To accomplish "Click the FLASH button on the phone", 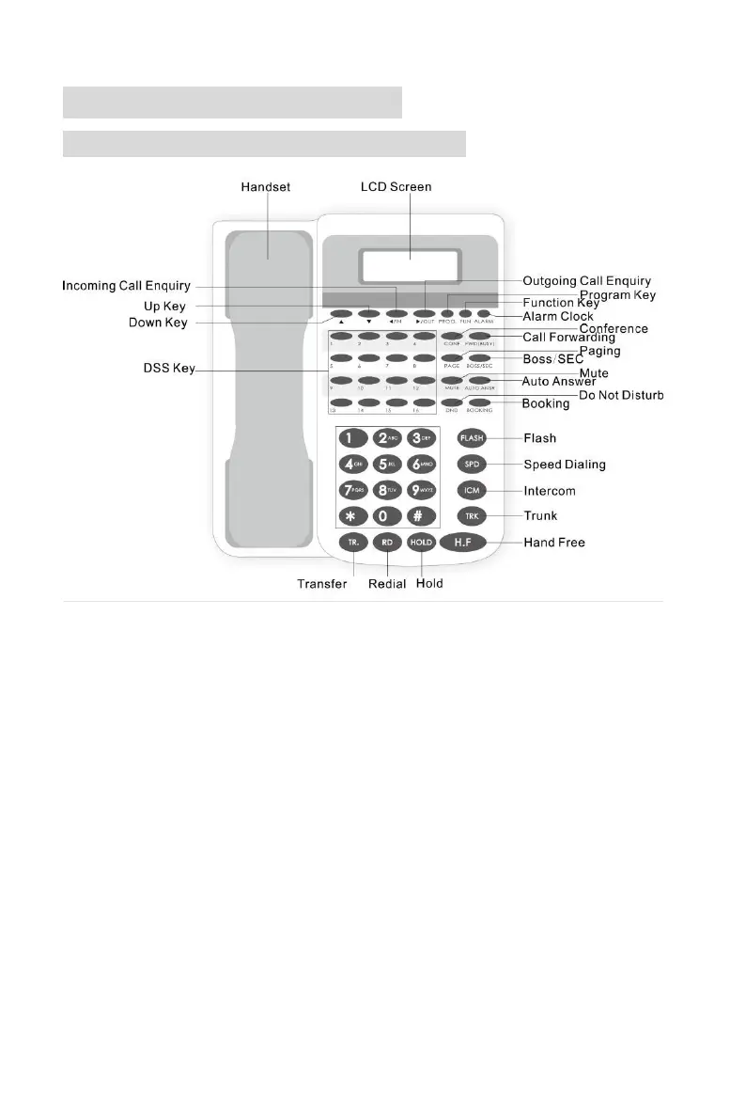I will (x=471, y=438).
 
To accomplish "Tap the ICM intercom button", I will (x=471, y=491).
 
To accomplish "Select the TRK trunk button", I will (x=471, y=516).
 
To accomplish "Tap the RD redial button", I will (x=385, y=543).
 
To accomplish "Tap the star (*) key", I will (x=351, y=516).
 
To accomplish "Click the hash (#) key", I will (x=420, y=516).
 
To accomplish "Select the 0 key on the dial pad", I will (x=385, y=516).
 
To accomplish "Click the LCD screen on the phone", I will (x=411, y=266).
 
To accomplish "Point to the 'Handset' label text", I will (x=265, y=186).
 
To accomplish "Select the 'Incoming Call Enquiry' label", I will (x=126, y=285).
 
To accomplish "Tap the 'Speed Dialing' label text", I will (x=565, y=464).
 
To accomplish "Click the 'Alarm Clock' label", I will (x=558, y=317).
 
